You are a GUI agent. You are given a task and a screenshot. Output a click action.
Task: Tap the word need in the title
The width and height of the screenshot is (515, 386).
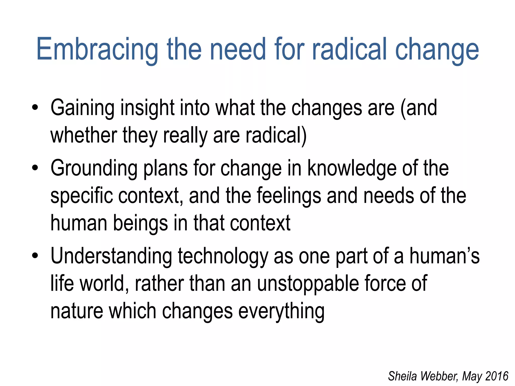[238, 49]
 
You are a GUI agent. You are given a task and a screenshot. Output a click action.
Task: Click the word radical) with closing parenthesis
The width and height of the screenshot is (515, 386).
[276, 136]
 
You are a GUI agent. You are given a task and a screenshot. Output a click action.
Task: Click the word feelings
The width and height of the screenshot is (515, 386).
[289, 196]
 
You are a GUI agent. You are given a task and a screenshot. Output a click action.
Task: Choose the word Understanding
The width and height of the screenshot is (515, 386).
[111, 256]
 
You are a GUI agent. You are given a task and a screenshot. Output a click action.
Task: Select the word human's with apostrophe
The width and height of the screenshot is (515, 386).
[444, 256]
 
